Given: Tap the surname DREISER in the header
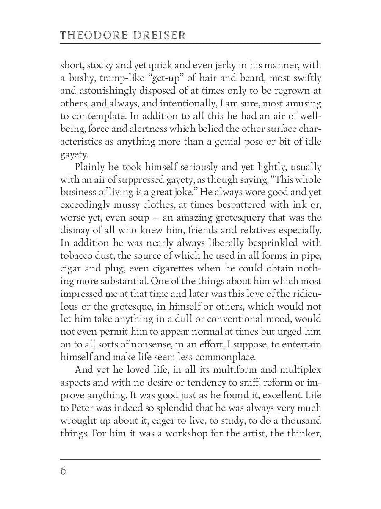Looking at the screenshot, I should pyautogui.click(x=160, y=35).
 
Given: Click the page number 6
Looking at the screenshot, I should pyautogui.click(x=63, y=470).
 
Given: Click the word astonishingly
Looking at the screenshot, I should pyautogui.click(x=105, y=91).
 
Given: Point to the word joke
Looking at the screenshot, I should pyautogui.click(x=183, y=192).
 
